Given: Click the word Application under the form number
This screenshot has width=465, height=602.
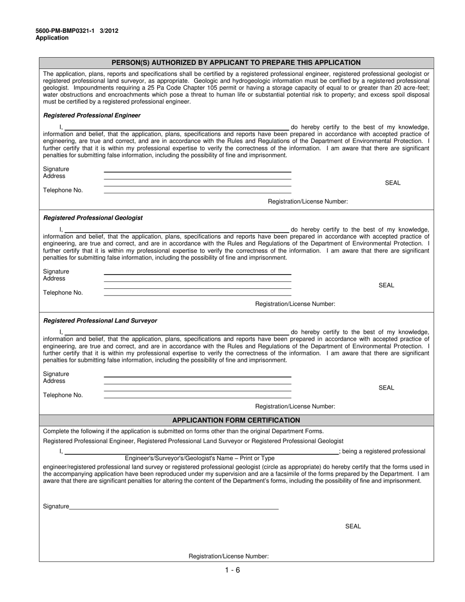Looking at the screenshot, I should pyautogui.click(x=52, y=38).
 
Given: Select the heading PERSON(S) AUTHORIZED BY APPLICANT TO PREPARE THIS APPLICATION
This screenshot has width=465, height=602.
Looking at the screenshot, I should pyautogui.click(x=236, y=63).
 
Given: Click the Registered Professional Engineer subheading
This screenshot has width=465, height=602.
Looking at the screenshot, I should pyautogui.click(x=92, y=116).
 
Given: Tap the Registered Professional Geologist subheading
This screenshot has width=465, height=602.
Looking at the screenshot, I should pyautogui.click(x=93, y=218).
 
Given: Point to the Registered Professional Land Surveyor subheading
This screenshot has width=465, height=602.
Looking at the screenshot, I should pyautogui.click(x=100, y=321).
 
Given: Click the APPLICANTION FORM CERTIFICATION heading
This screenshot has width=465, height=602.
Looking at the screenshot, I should pyautogui.click(x=236, y=420).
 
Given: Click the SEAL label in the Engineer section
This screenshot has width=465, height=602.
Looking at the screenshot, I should pyautogui.click(x=393, y=183).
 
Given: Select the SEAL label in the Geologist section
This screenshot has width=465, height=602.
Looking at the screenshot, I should pyautogui.click(x=386, y=285).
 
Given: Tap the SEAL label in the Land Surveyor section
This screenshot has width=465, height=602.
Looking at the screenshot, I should pyautogui.click(x=386, y=388).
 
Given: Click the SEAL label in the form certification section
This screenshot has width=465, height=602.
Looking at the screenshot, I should pyautogui.click(x=353, y=526).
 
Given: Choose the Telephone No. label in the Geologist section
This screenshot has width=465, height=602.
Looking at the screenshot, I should pyautogui.click(x=63, y=293).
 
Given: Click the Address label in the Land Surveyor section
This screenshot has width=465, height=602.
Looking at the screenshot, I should pyautogui.click(x=54, y=381).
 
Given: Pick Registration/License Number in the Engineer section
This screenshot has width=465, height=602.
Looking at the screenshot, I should pyautogui.click(x=308, y=202).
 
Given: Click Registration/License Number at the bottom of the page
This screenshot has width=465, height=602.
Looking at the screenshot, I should pyautogui.click(x=229, y=556).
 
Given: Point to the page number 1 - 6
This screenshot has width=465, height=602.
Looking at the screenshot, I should pyautogui.click(x=232, y=570).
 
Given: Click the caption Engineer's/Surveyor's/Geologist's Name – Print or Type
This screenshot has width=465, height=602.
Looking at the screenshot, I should pyautogui.click(x=200, y=458).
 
